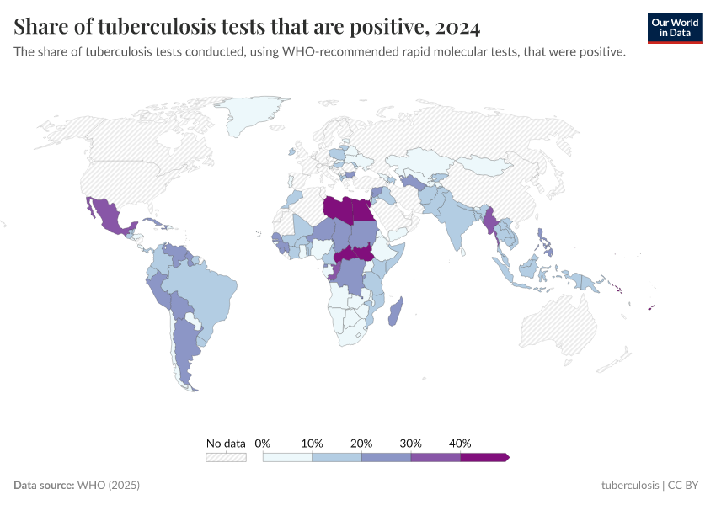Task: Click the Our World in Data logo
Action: click(x=675, y=28)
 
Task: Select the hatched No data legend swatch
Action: click(x=226, y=457)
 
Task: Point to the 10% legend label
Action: click(x=312, y=443)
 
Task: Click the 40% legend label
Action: click(x=460, y=443)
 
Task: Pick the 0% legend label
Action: click(x=263, y=443)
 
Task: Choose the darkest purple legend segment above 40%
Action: click(x=484, y=457)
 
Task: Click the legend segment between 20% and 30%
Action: click(x=386, y=457)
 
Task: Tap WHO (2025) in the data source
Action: click(x=108, y=486)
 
